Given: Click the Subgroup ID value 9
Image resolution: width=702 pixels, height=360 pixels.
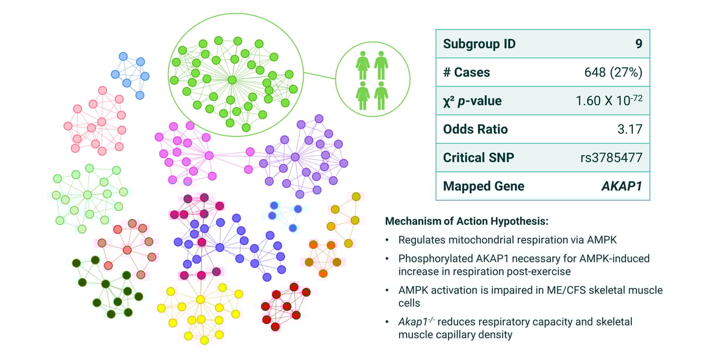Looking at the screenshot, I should coord(639,44).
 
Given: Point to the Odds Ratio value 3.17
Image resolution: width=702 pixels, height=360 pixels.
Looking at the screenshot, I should coord(630,129).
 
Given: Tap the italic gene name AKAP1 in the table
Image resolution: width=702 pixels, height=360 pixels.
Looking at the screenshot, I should coord(621,186).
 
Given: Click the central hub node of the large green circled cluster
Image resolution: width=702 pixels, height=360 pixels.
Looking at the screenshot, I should coord(232,80).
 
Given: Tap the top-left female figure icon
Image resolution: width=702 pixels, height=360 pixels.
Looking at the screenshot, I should coord(363,64).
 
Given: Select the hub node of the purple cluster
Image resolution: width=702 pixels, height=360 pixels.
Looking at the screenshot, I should coord(295,156).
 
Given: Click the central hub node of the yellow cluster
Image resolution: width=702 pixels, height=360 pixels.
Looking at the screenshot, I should coord(200,299).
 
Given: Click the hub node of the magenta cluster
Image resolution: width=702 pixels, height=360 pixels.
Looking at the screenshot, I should coord(209,155).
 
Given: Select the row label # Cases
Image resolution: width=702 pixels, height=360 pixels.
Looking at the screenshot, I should coord(466,73).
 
